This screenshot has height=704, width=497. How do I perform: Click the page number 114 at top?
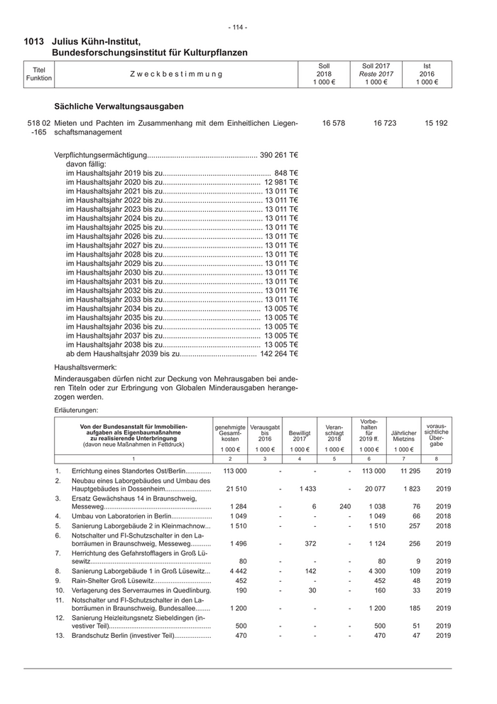(238, 27)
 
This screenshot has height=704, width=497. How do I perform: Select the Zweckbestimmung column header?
(175, 74)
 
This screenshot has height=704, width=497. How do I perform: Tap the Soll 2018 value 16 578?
(333, 123)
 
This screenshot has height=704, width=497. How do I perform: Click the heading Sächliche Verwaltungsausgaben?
(119, 106)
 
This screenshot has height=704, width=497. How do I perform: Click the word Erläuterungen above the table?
(78, 410)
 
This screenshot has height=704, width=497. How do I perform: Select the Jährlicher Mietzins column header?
(403, 436)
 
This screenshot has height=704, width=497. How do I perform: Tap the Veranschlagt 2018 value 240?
(344, 506)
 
